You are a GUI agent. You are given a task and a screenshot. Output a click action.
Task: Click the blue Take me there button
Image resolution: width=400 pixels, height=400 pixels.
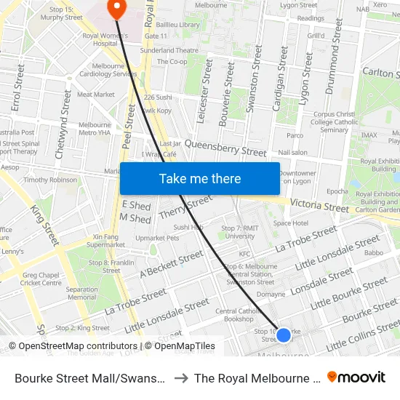(199, 178)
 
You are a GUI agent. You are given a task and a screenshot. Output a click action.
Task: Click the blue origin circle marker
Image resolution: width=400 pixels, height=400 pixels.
(284, 335)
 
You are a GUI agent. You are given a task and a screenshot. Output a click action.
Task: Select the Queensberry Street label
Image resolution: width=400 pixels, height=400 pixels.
(225, 148)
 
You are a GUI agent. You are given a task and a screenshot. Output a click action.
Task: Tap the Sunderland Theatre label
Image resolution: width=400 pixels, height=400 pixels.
(170, 50)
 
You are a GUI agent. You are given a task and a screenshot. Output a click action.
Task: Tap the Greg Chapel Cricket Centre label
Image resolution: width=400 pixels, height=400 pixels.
(41, 279)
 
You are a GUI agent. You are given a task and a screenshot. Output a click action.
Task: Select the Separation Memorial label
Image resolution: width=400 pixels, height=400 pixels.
(81, 293)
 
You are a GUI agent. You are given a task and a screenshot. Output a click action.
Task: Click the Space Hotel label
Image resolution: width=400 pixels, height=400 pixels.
(291, 223)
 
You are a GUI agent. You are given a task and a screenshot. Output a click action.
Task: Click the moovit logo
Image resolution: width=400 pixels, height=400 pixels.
(356, 377)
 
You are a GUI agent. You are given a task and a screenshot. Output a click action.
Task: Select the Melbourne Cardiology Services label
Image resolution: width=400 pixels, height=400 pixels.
(108, 70)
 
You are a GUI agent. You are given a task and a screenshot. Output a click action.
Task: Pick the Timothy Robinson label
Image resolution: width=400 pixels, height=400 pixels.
(50, 180)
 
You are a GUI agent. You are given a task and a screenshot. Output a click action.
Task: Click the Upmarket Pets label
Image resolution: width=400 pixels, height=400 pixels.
(157, 238)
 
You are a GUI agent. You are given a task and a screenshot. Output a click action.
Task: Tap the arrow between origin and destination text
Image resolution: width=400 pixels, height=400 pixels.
(180, 378)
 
